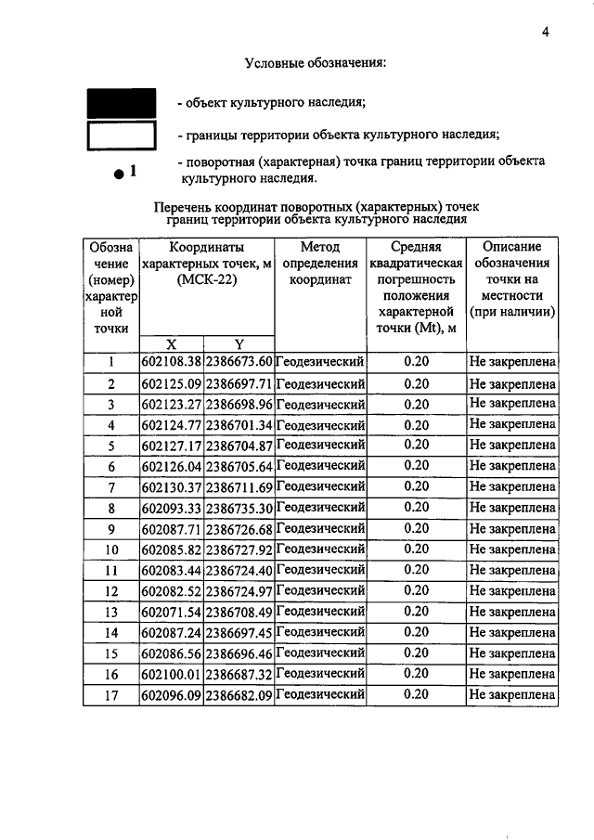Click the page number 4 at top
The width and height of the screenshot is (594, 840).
tap(546, 32)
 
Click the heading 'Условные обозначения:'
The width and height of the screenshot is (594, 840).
tap(315, 63)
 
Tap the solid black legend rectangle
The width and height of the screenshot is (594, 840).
tap(121, 102)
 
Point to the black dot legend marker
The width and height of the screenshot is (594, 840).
tap(119, 174)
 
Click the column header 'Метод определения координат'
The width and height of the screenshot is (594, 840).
tap(320, 263)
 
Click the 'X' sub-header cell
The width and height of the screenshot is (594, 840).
tap(171, 343)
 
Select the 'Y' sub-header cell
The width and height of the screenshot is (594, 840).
tap(239, 343)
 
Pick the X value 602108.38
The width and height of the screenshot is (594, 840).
tap(171, 362)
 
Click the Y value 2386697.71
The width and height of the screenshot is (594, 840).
tap(239, 383)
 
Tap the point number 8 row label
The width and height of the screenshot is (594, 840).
tap(110, 508)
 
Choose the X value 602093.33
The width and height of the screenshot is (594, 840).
tap(171, 508)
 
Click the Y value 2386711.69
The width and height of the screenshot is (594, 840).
tap(239, 487)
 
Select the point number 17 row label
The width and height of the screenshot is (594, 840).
tap(110, 694)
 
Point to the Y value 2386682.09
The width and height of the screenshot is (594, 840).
tap(239, 694)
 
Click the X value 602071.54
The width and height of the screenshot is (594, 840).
tap(171, 612)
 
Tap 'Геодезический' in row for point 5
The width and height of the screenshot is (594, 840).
tap(320, 445)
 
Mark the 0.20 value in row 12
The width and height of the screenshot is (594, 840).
tap(417, 590)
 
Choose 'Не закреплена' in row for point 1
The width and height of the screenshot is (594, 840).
tap(512, 362)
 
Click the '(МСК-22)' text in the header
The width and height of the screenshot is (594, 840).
tap(205, 280)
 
